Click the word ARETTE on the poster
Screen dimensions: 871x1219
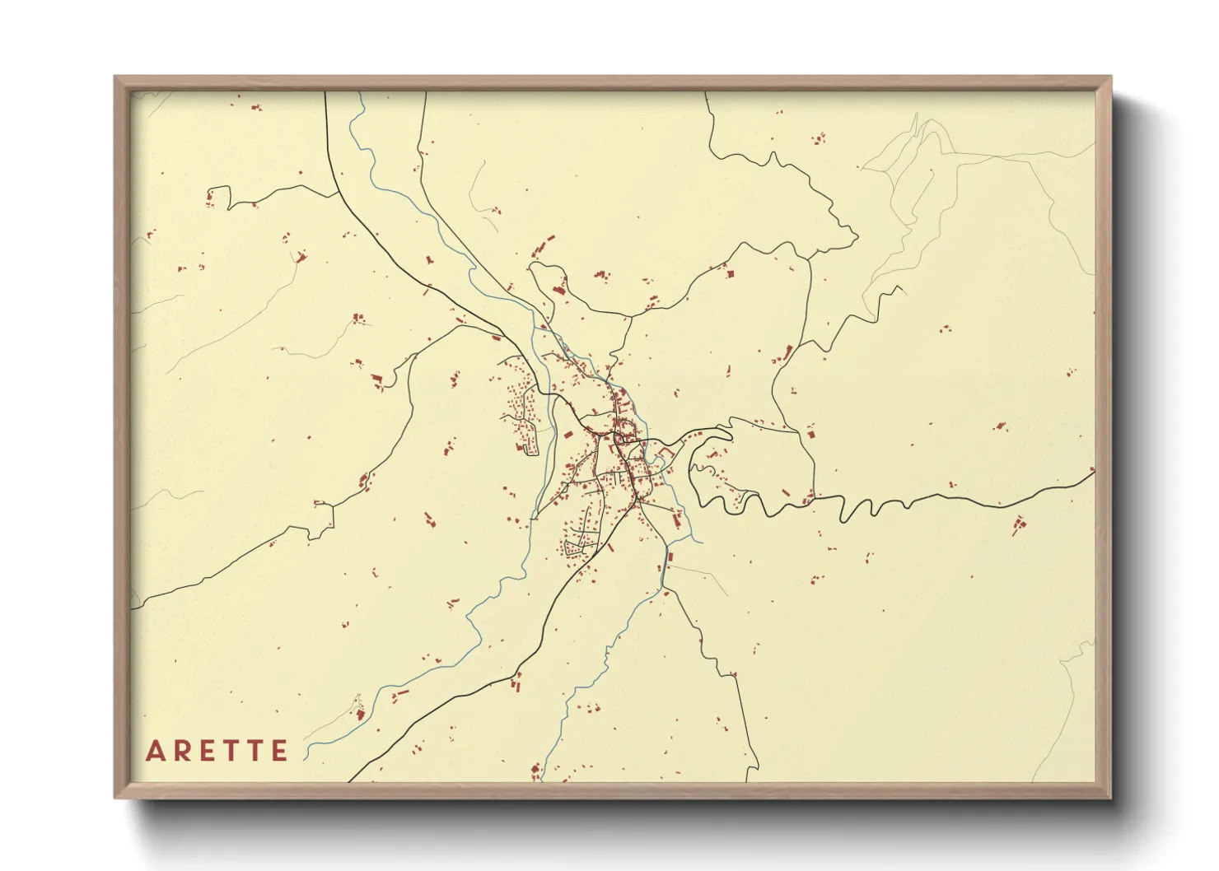click(x=217, y=751)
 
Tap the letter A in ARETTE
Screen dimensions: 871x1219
click(x=156, y=751)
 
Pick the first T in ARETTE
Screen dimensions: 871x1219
click(x=234, y=751)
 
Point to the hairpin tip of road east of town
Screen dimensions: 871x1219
click(x=730, y=429)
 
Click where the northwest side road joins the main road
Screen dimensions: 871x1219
click(x=339, y=196)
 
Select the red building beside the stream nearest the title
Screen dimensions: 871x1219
click(x=359, y=713)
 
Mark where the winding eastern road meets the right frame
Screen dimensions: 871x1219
click(x=1093, y=471)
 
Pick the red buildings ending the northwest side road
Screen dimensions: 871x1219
click(x=217, y=196)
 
